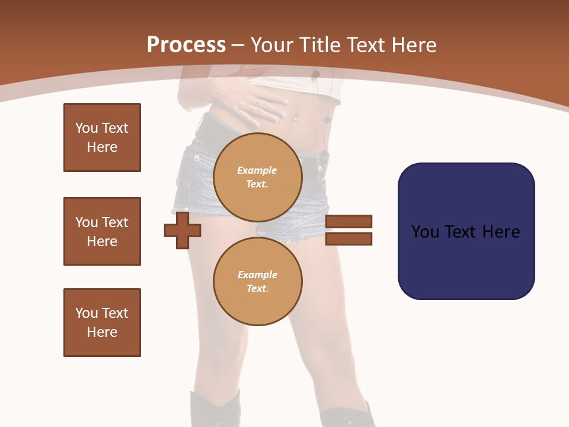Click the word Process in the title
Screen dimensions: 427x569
point(186,44)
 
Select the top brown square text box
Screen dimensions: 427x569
point(102,138)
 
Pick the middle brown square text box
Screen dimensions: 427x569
point(102,231)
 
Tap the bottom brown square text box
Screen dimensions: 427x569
point(102,323)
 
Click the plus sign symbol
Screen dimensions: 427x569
point(183,230)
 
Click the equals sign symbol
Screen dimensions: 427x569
point(349,230)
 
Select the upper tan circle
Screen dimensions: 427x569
point(258,177)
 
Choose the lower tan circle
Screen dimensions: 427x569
point(258,282)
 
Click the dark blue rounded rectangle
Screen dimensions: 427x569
point(466,231)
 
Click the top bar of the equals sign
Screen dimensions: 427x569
point(349,222)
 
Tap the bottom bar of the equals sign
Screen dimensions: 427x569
point(349,239)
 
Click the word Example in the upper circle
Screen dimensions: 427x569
point(257,170)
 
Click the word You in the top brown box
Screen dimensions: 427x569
point(87,128)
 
